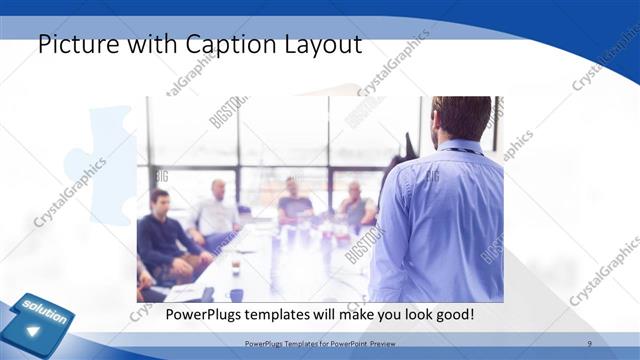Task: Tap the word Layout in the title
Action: pos(319,46)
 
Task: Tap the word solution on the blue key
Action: pos(44,312)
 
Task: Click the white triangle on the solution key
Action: pos(34,331)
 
